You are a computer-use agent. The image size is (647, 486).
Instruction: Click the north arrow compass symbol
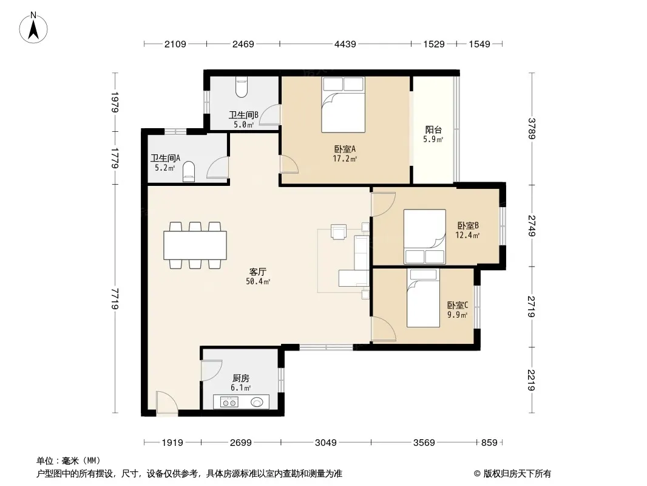pyautogui.click(x=33, y=28)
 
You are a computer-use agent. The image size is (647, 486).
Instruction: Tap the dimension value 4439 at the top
pyautogui.click(x=345, y=44)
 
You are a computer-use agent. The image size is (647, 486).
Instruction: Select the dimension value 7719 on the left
pyautogui.click(x=115, y=298)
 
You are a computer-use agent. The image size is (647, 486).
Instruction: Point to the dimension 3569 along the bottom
pyautogui.click(x=424, y=443)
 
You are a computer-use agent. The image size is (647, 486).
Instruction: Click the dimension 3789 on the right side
pyautogui.click(x=532, y=128)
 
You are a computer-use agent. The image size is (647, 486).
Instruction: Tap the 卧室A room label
pyautogui.click(x=345, y=149)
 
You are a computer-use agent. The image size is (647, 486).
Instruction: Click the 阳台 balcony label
pyautogui.click(x=433, y=129)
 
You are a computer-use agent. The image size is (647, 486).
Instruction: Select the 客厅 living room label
pyautogui.click(x=257, y=272)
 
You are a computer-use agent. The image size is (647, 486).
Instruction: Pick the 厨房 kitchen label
pyautogui.click(x=240, y=378)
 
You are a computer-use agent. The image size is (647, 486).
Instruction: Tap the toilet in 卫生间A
pyautogui.click(x=189, y=172)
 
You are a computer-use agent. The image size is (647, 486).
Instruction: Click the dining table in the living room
pyautogui.click(x=195, y=245)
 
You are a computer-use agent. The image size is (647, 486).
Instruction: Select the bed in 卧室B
pyautogui.click(x=425, y=236)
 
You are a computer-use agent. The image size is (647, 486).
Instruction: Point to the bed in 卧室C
pyautogui.click(x=423, y=298)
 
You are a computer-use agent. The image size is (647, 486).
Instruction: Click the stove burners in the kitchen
pyautogui.click(x=229, y=402)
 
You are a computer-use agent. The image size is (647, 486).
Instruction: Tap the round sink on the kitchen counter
pyautogui.click(x=257, y=402)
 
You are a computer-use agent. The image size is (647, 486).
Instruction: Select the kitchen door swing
pyautogui.click(x=211, y=371)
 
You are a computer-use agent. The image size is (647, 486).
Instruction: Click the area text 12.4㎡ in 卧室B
pyautogui.click(x=467, y=235)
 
